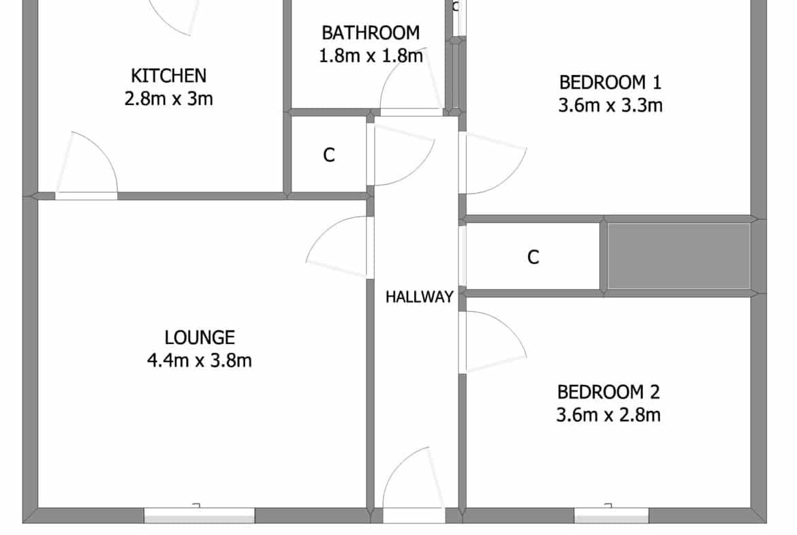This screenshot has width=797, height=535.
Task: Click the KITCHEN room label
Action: (x=169, y=76)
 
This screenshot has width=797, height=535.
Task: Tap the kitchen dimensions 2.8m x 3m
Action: (x=169, y=98)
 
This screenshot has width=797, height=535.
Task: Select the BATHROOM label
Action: (x=371, y=33)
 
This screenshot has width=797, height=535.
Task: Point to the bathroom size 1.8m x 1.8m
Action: (x=371, y=55)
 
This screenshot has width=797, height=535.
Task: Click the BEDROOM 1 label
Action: (x=610, y=82)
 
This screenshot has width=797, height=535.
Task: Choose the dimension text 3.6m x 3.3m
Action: (x=610, y=105)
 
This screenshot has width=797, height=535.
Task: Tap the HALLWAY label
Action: (x=420, y=297)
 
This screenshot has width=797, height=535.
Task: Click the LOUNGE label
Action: (x=200, y=337)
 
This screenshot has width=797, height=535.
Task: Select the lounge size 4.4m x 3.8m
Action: (x=199, y=361)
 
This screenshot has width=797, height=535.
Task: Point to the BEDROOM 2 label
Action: (x=608, y=392)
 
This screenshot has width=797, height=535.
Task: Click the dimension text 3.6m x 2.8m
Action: (x=608, y=415)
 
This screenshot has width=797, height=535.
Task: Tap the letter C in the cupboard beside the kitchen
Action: (x=329, y=155)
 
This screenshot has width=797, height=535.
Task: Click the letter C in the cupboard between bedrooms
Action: (x=533, y=258)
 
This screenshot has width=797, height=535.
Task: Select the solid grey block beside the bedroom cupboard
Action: (x=679, y=256)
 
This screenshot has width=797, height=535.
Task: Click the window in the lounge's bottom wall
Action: (x=199, y=515)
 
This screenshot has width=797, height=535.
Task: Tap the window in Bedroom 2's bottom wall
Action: (x=612, y=515)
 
